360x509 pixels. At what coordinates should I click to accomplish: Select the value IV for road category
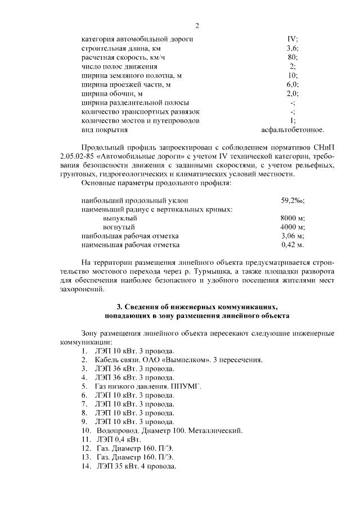click(x=292, y=39)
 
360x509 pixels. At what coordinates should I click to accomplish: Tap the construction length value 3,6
click(x=292, y=48)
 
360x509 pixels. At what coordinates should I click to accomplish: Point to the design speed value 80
click(x=292, y=57)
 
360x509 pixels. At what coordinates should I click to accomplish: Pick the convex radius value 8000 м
click(x=292, y=218)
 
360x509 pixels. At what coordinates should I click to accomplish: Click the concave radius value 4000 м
click(x=292, y=227)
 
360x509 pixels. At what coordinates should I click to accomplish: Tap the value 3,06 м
click(x=292, y=236)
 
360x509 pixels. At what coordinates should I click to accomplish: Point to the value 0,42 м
click(x=292, y=245)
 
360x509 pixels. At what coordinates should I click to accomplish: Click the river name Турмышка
click(x=210, y=272)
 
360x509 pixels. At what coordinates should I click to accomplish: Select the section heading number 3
click(x=119, y=307)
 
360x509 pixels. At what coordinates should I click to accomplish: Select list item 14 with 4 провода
click(x=136, y=467)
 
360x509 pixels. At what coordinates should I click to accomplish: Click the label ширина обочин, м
click(x=112, y=93)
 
